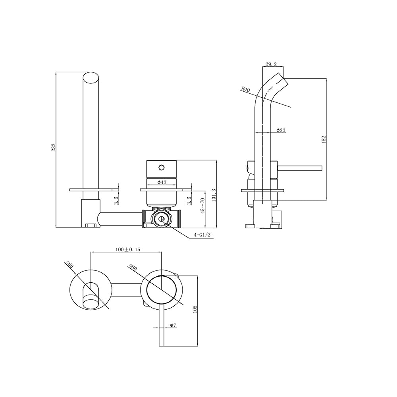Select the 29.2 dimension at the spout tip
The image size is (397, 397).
click(271, 64)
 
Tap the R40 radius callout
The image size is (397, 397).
click(246, 90)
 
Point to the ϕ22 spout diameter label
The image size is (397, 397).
click(281, 130)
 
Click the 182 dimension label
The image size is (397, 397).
click(324, 139)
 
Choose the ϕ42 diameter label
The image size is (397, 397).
click(162, 182)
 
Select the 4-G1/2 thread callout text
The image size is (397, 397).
click(202, 235)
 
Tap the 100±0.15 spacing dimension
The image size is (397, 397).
click(128, 249)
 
